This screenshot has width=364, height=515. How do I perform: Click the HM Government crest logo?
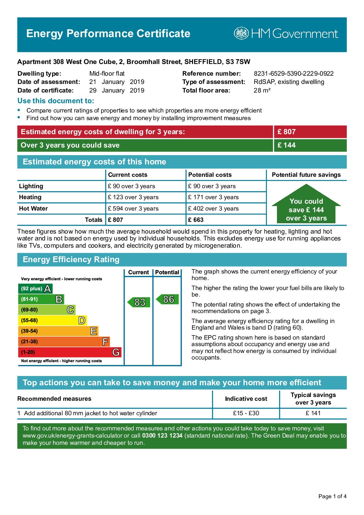pyautogui.click(x=241, y=33)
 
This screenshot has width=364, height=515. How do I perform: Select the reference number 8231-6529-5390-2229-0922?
pyautogui.click(x=293, y=73)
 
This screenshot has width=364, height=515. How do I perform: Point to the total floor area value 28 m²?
pyautogui.click(x=262, y=90)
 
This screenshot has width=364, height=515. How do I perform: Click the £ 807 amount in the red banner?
pyautogui.click(x=287, y=132)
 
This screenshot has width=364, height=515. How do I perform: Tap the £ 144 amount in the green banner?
pyautogui.click(x=287, y=145)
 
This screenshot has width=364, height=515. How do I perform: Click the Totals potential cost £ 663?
pyautogui.click(x=196, y=220)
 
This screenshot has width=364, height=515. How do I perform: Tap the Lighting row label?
pyautogui.click(x=31, y=186)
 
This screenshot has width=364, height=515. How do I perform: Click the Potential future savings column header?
pyautogui.click(x=306, y=175)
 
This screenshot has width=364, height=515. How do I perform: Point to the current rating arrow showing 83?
pyautogui.click(x=139, y=302)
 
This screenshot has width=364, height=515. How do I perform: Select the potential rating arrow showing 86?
pyautogui.click(x=168, y=299)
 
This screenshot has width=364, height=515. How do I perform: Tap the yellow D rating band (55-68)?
pyautogui.click(x=52, y=320)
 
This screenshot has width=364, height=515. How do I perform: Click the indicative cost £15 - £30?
pyautogui.click(x=246, y=413)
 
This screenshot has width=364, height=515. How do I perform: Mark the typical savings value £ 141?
pyautogui.click(x=313, y=413)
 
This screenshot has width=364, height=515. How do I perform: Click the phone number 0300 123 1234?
pyautogui.click(x=162, y=436)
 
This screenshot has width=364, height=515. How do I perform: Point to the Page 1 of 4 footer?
pyautogui.click(x=332, y=496)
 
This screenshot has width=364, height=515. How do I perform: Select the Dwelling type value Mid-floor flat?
pyautogui.click(x=107, y=73)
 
